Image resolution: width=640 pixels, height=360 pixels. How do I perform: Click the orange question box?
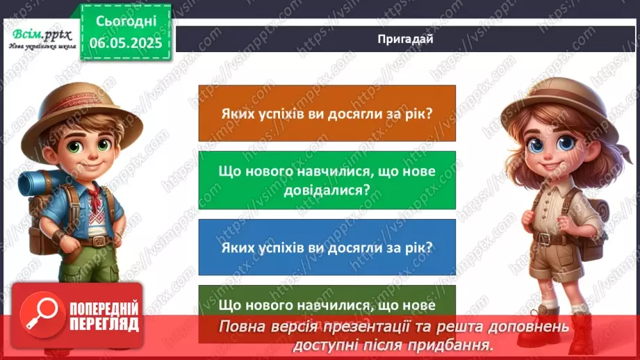327,113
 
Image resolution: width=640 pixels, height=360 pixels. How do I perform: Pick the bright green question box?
327,179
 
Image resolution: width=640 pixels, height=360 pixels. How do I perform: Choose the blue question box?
327,247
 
